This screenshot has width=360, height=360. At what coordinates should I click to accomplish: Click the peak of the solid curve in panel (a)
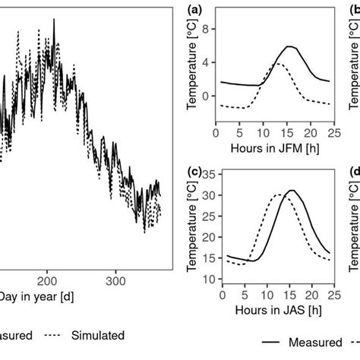click(289, 46)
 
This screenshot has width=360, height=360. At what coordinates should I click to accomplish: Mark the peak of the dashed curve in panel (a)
click(277, 65)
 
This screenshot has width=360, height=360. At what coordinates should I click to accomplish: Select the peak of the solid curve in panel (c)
click(292, 191)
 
